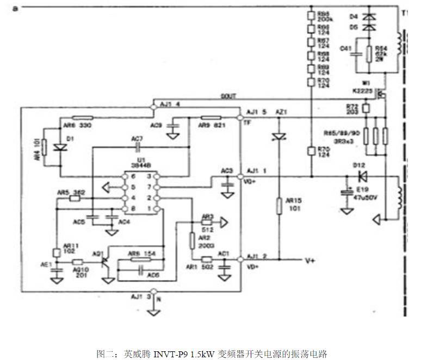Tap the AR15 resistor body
pyautogui.click(x=280, y=206)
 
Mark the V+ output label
pyautogui.click(x=310, y=261)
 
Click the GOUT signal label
pyautogui.click(x=228, y=96)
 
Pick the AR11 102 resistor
pyautogui.click(x=56, y=252)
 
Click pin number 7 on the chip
pyautogui.click(x=156, y=187)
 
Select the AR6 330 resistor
pyautogui.click(x=83, y=117)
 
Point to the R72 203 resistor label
pyautogui.click(x=353, y=108)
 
